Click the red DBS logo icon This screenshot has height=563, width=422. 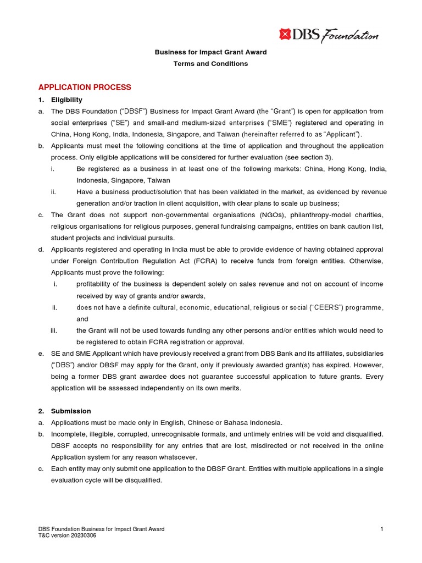284,35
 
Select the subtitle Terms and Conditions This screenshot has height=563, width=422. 210,64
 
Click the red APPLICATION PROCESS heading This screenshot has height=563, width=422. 84,87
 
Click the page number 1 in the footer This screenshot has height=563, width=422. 381,529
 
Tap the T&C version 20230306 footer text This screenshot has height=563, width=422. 66,536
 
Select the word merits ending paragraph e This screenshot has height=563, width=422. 230,388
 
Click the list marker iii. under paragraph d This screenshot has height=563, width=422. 54,330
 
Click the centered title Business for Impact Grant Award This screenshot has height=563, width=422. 210,52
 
